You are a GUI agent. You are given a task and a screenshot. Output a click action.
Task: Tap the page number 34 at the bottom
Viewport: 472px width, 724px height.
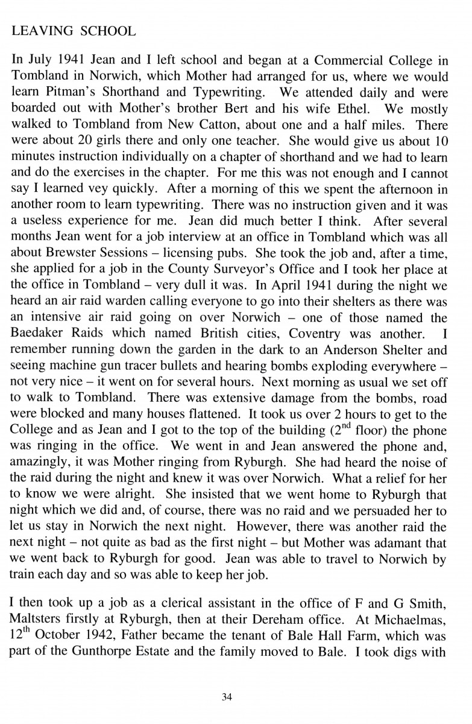click(227, 698)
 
